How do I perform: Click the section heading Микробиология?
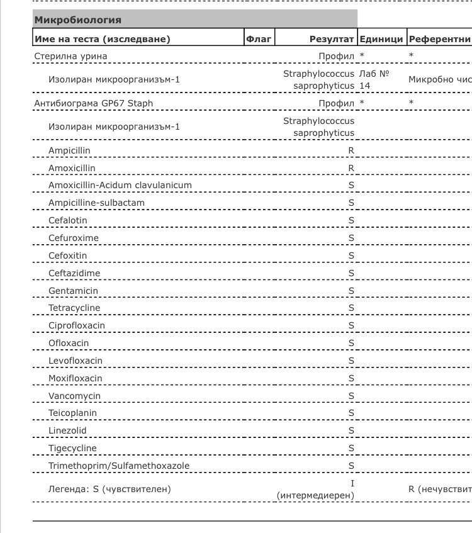(x=78, y=20)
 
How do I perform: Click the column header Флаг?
(x=259, y=39)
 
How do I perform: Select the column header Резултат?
(x=332, y=39)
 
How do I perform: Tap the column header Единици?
(x=381, y=39)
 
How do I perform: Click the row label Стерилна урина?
(x=70, y=56)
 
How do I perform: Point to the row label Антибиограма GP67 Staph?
(x=94, y=103)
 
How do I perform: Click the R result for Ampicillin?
(x=351, y=151)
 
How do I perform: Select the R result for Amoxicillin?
(x=351, y=168)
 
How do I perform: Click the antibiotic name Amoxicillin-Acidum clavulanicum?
(x=120, y=185)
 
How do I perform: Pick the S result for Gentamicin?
(x=351, y=291)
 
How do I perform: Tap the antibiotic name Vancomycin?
(x=74, y=396)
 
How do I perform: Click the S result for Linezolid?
(x=351, y=431)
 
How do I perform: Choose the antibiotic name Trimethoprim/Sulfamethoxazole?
(x=119, y=466)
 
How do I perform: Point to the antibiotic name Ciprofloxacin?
(x=77, y=325)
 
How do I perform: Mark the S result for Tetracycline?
(x=351, y=308)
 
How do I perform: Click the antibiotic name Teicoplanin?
(x=73, y=413)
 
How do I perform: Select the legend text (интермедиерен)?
(x=315, y=495)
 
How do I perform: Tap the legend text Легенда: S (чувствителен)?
(x=110, y=488)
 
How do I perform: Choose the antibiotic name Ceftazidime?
(x=74, y=273)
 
